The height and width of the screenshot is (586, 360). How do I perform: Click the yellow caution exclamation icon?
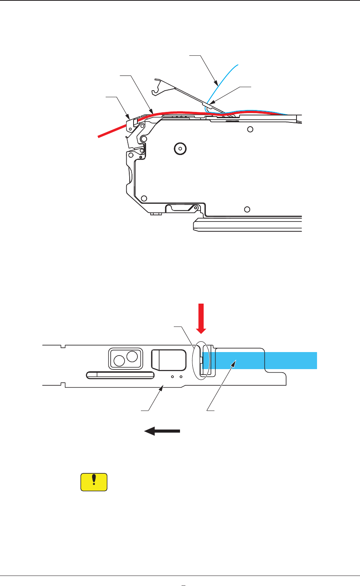[x=94, y=482]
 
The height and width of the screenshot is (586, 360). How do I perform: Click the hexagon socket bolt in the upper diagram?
[x=179, y=148]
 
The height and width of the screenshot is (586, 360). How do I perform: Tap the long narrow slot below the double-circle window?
[x=120, y=375]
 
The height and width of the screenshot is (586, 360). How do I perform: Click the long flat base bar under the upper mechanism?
[x=248, y=225]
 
